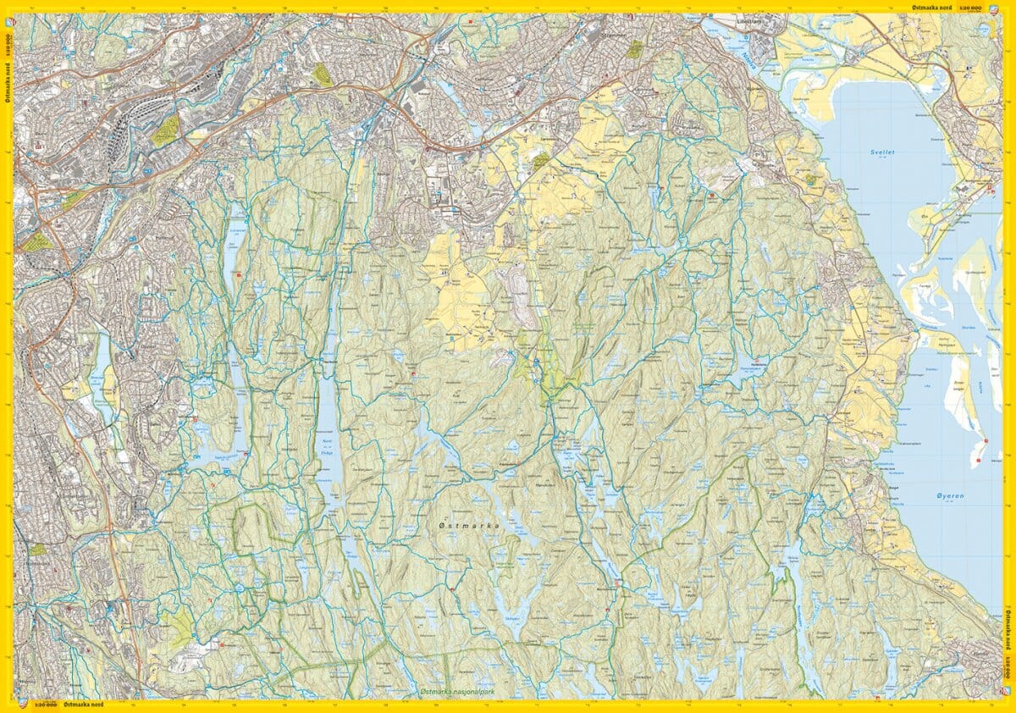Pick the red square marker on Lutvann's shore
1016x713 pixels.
[240, 274]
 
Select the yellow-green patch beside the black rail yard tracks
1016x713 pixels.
[167, 130]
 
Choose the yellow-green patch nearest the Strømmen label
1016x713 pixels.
[634, 50]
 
